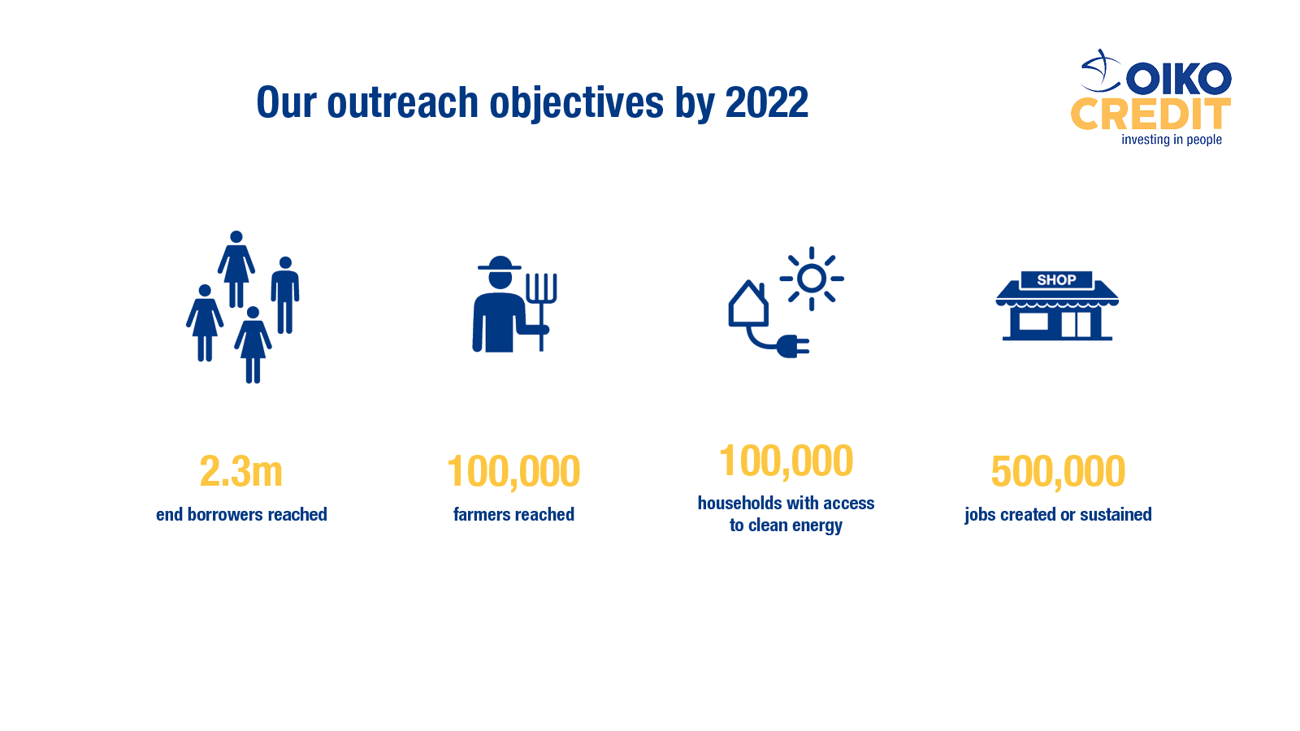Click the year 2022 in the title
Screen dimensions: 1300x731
pos(767,102)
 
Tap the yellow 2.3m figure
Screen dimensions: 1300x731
pos(240,470)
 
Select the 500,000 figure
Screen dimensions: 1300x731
pos(1057,471)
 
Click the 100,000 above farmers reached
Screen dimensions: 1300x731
pos(513,471)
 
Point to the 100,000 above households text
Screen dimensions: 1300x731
pos(786,461)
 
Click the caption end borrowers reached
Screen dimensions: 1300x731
pos(241,514)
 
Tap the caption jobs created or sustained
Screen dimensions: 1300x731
pos(1058,515)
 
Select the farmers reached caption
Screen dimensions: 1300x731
pos(513,514)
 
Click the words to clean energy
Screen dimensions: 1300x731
pos(786,525)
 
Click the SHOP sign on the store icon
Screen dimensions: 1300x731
pos(1056,280)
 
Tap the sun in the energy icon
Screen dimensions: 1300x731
pos(812,279)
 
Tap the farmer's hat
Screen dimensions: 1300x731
pos(500,263)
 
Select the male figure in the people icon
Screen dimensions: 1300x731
pos(285,295)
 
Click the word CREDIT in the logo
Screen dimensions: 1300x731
pos(1150,115)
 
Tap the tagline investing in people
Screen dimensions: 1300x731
pos(1171,140)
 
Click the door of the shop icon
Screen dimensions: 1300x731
pos(1076,325)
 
